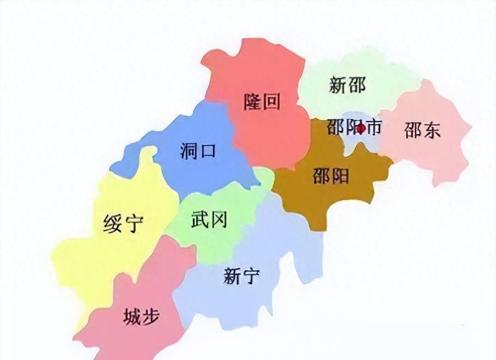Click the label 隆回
(x=262, y=101)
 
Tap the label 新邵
(x=347, y=85)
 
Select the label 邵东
(x=422, y=130)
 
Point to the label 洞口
(x=197, y=150)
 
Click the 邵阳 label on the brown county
(x=331, y=176)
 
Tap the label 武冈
(x=209, y=220)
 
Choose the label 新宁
(x=241, y=275)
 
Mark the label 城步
(x=141, y=316)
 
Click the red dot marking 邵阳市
(x=360, y=129)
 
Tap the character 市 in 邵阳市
(x=374, y=128)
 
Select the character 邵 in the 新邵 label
(x=356, y=85)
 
